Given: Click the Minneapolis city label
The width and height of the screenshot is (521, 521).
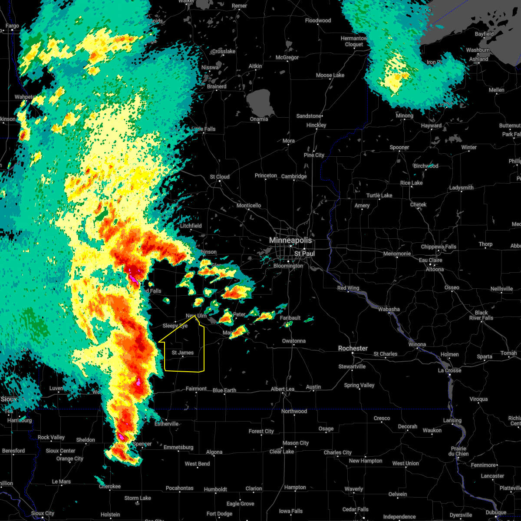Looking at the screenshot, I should click(290, 240).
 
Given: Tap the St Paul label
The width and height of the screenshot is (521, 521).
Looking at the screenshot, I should click(304, 254).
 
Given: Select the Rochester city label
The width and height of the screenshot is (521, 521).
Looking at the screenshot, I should click(353, 348).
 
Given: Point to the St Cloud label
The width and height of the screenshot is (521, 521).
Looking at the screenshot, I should click(220, 177).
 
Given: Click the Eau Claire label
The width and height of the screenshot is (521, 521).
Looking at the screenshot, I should click(430, 260).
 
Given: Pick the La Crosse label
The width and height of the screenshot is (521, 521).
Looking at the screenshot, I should click(449, 370).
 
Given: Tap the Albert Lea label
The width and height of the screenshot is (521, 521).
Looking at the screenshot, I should click(283, 389).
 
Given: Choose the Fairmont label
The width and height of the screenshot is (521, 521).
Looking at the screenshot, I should click(196, 389).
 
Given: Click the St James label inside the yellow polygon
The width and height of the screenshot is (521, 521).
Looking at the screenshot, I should click(182, 353).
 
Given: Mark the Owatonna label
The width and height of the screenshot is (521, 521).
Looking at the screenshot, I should click(293, 341).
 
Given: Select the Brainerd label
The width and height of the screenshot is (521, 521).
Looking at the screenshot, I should click(217, 86).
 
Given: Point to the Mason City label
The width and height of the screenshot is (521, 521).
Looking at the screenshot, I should click(295, 443).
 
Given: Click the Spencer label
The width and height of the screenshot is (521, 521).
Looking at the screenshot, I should click(142, 444).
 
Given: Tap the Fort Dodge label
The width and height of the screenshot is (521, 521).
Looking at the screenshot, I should click(219, 514).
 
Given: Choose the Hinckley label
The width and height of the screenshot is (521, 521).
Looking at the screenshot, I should click(316, 125).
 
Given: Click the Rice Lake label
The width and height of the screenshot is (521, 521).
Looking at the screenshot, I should click(411, 183).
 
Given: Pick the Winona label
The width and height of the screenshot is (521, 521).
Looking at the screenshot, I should click(417, 344).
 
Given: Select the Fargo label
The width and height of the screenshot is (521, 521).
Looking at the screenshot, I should click(12, 26).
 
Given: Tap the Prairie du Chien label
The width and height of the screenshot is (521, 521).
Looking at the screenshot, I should click(459, 451).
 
